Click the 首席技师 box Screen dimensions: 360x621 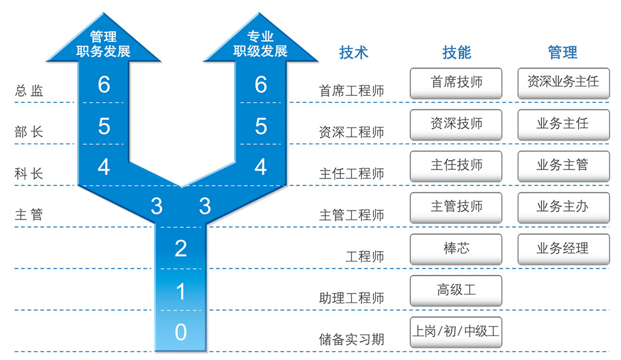pyautogui.click(x=456, y=83)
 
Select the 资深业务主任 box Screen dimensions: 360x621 pyautogui.click(x=563, y=83)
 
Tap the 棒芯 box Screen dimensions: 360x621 pyautogui.click(x=456, y=249)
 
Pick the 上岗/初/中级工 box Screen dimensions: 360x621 pyautogui.click(x=456, y=332)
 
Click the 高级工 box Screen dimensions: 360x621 pyautogui.click(x=456, y=290)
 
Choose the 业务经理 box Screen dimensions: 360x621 pyautogui.click(x=563, y=249)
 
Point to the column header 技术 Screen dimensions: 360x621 pyautogui.click(x=354, y=52)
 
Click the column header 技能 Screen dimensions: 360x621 pyautogui.click(x=456, y=52)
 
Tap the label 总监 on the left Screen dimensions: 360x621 pyautogui.click(x=29, y=91)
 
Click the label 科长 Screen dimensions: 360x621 pyautogui.click(x=29, y=174)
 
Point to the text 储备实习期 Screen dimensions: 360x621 pyautogui.click(x=352, y=339)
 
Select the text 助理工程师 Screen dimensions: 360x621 pyautogui.click(x=352, y=298)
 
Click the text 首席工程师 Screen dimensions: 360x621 pyautogui.click(x=352, y=91)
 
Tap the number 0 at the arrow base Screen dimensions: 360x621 pyautogui.click(x=181, y=332)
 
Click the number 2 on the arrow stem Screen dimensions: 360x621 pyautogui.click(x=181, y=248)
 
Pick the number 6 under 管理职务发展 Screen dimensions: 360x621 pyautogui.click(x=104, y=84)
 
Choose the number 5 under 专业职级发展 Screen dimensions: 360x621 pyautogui.click(x=260, y=126)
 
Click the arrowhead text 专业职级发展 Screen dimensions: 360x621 pyautogui.click(x=260, y=44)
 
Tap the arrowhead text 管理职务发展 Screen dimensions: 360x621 pyautogui.click(x=104, y=44)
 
